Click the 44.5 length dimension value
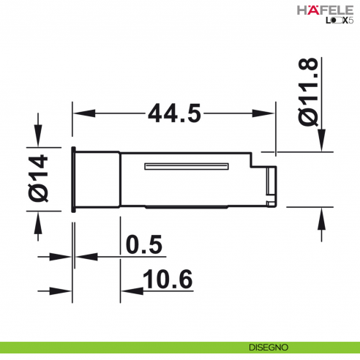[x=174, y=113]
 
